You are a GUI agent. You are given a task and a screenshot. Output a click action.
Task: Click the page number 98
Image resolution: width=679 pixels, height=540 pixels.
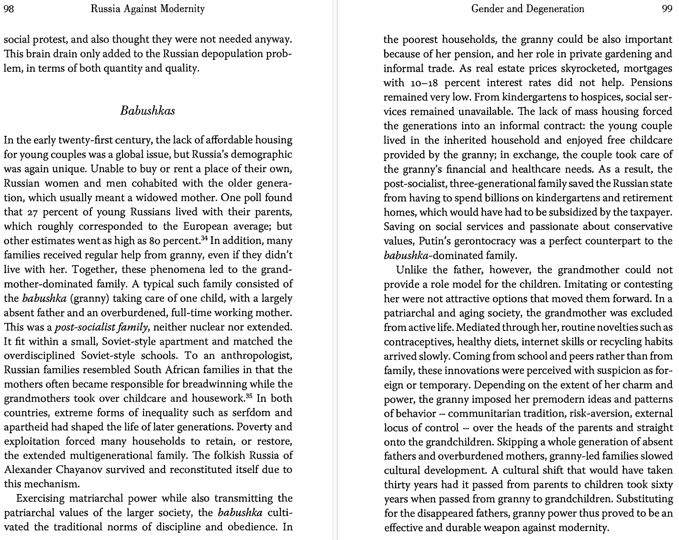[x=9, y=9]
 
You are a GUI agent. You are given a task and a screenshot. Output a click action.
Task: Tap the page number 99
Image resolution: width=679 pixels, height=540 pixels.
[x=667, y=9]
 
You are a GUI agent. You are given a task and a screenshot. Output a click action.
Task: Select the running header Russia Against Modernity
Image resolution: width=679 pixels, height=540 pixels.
[x=147, y=9]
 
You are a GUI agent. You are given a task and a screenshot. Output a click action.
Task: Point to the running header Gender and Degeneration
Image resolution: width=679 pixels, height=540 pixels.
[x=527, y=9]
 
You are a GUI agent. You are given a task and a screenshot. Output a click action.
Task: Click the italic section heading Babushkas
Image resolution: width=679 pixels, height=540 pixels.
[x=147, y=111]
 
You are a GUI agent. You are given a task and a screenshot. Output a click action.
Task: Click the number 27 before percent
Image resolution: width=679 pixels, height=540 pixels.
[x=29, y=212]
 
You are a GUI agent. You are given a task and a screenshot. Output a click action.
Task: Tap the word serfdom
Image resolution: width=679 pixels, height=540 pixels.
[x=242, y=412]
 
